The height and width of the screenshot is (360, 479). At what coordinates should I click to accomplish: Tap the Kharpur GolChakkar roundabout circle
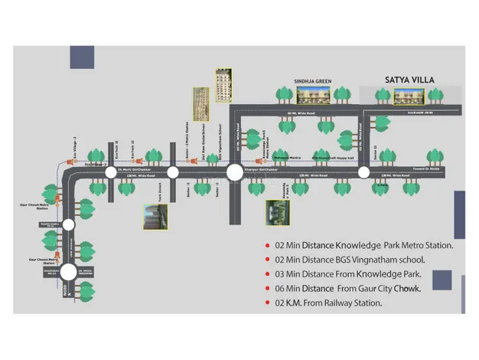(234, 172)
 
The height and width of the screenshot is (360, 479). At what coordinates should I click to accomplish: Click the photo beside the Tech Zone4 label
(155, 217)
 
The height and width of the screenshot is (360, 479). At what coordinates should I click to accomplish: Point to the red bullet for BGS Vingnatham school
(266, 260)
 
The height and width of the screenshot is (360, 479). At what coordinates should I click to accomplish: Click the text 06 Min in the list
(287, 289)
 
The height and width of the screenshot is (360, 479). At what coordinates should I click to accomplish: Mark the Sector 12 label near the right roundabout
(374, 154)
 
